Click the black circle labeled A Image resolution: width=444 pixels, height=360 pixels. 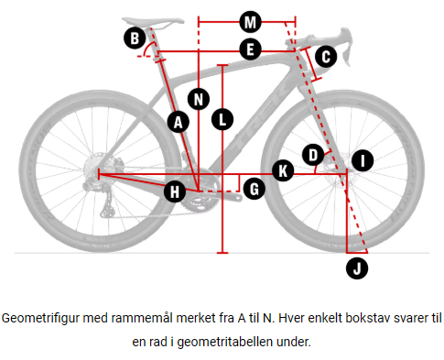(x=179, y=120)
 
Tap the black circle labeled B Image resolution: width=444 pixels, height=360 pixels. (x=135, y=38)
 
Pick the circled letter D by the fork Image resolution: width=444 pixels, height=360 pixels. (x=313, y=152)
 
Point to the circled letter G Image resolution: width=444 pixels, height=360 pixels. (x=253, y=189)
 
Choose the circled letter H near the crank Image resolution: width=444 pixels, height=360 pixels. (x=174, y=191)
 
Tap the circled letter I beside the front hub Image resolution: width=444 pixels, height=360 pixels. (x=363, y=161)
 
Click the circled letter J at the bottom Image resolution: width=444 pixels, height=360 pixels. (x=358, y=267)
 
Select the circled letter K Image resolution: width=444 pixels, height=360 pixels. (x=284, y=170)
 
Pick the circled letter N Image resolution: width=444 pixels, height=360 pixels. (x=200, y=98)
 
